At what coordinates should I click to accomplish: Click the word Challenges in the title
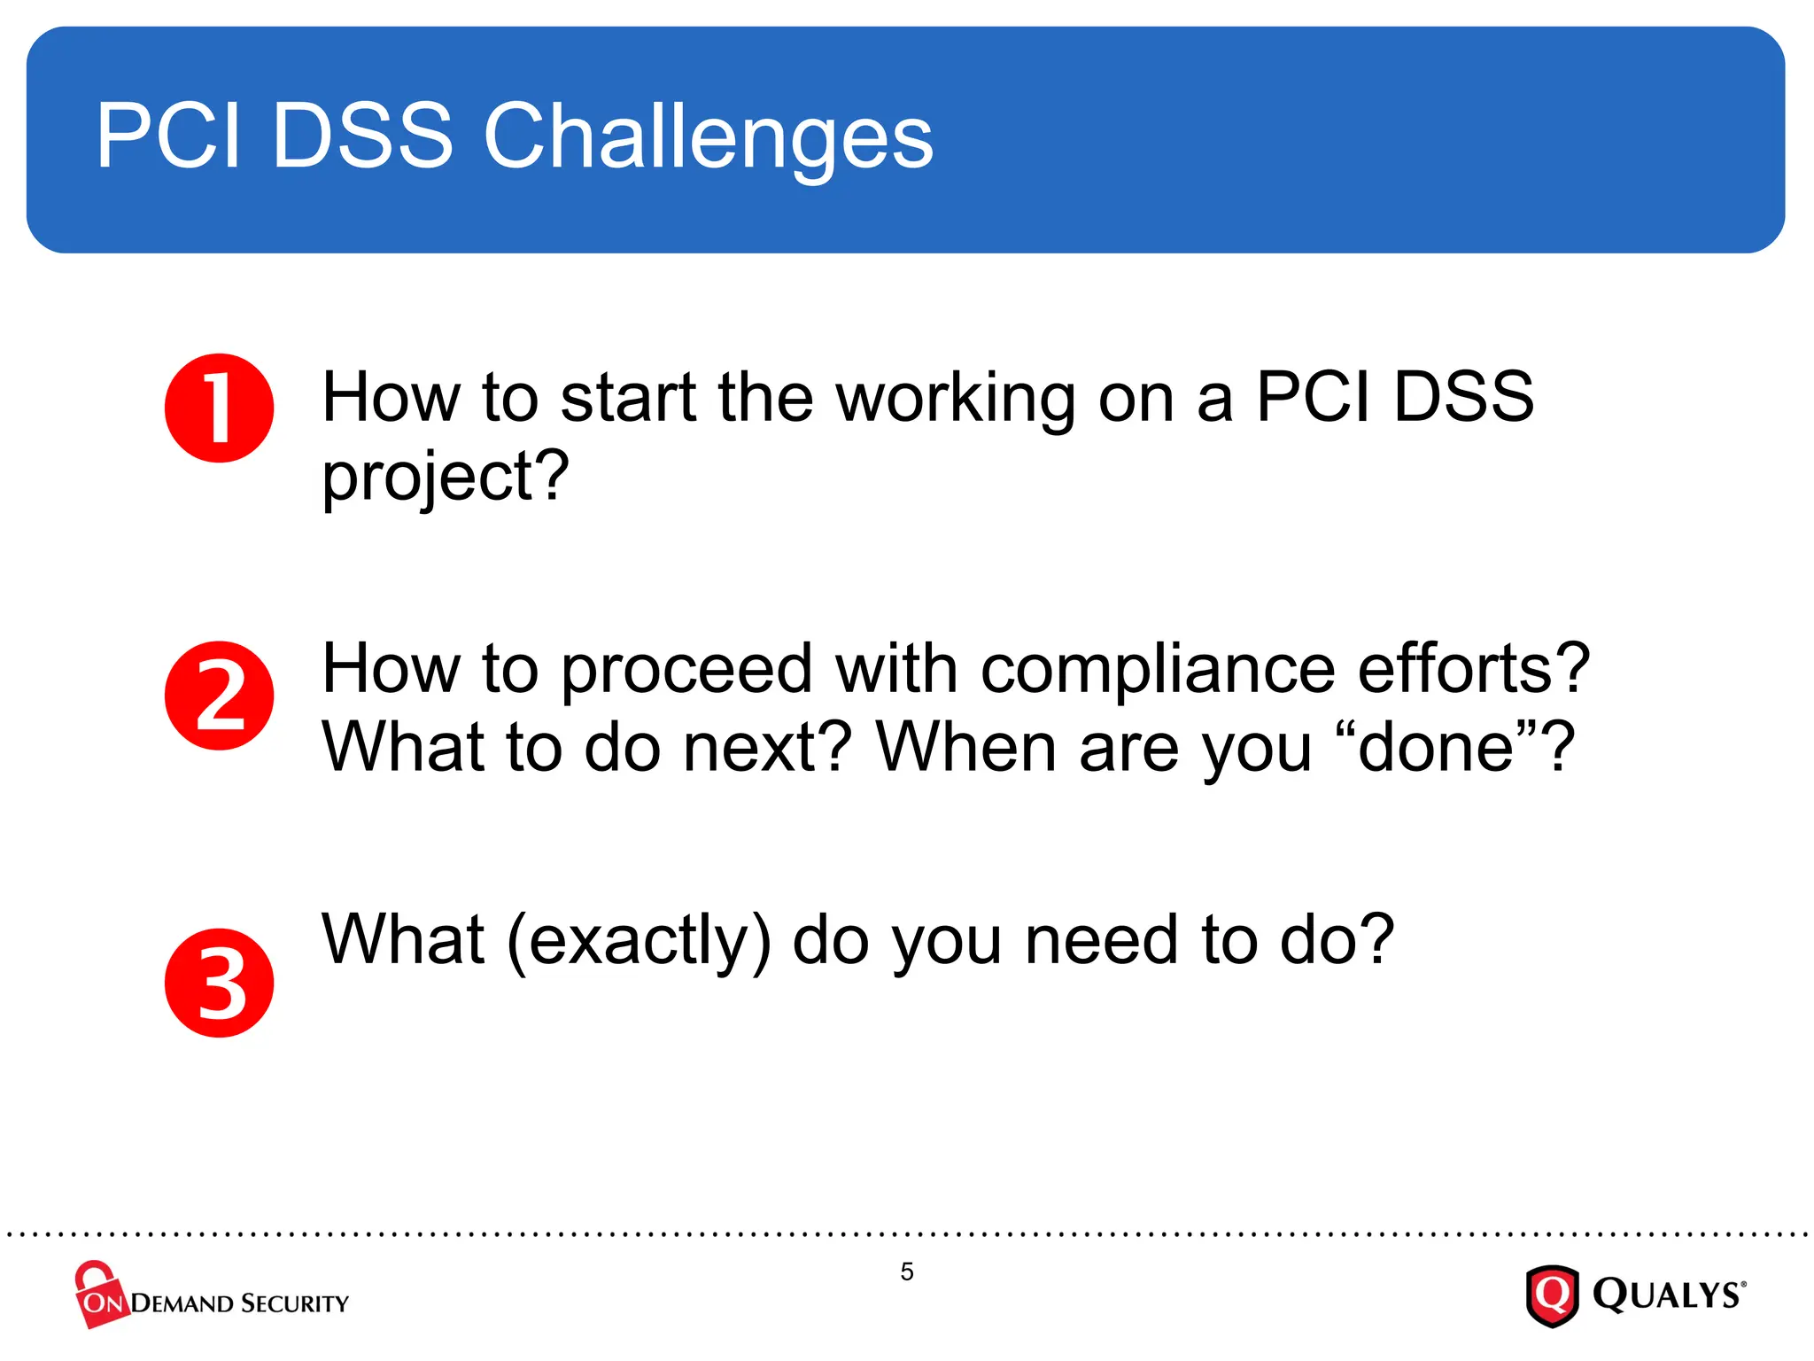tap(708, 137)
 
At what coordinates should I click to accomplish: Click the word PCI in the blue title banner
tap(168, 137)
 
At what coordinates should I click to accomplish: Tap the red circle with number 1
tap(219, 408)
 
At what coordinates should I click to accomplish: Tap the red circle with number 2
tap(219, 696)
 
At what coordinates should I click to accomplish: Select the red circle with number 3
tap(219, 984)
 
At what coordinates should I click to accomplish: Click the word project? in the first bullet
tap(445, 478)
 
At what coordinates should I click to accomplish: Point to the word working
tap(956, 399)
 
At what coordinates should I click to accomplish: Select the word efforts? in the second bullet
tap(1474, 669)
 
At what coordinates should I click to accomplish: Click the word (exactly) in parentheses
tap(639, 941)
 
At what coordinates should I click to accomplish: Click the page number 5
tap(907, 1272)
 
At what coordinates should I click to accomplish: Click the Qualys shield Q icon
tap(1552, 1295)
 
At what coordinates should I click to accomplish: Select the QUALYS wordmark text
tap(1668, 1295)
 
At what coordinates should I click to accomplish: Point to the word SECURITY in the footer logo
tap(295, 1303)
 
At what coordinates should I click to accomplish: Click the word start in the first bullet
tap(628, 399)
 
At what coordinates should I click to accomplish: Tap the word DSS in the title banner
tap(362, 137)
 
